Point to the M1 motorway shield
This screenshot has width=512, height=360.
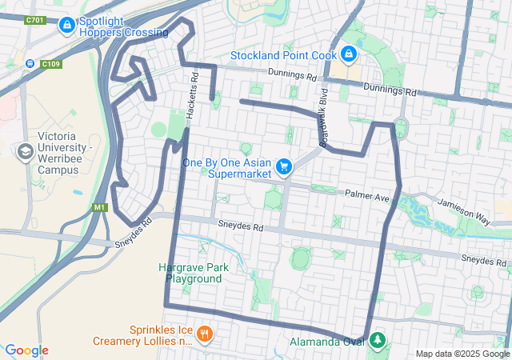click(x=99, y=208)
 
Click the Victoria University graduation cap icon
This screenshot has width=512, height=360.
click(x=25, y=151)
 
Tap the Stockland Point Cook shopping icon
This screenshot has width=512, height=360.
click(x=348, y=54)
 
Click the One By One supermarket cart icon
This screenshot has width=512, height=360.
click(x=283, y=166)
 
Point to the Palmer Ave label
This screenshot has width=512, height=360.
click(x=366, y=194)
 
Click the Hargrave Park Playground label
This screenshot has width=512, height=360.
click(x=194, y=273)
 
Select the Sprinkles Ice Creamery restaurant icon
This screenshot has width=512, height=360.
click(x=205, y=333)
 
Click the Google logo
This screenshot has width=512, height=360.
click(x=26, y=350)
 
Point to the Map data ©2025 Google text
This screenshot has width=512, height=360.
click(x=462, y=354)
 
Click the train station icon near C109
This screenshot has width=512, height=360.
click(x=30, y=64)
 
